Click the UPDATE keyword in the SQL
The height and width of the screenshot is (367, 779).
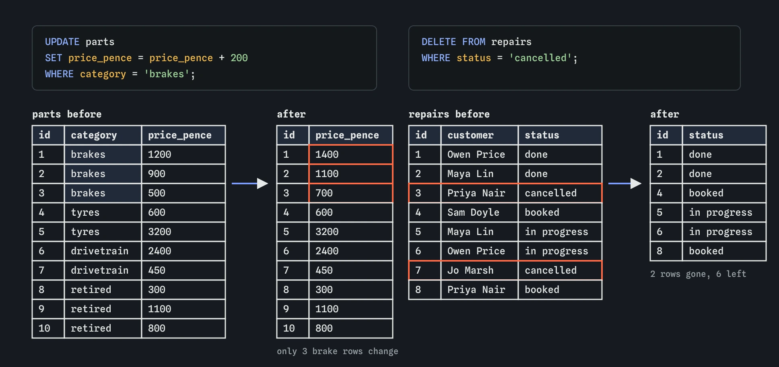tap(62, 42)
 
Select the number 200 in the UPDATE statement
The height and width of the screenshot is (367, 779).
tap(239, 58)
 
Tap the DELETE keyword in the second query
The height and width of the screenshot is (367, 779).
tap(439, 42)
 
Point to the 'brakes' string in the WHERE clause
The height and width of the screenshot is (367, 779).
tap(167, 74)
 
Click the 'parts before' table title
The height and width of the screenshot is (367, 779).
tap(67, 114)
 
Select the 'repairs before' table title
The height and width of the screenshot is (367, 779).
tap(449, 114)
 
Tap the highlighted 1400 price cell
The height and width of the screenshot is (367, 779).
tap(351, 155)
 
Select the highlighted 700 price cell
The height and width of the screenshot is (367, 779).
tap(351, 193)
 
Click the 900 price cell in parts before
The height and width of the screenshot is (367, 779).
tap(183, 174)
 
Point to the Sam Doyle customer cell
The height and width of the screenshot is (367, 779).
tap(480, 212)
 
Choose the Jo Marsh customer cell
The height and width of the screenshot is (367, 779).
tap(480, 270)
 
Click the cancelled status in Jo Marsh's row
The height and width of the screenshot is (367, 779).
tap(560, 270)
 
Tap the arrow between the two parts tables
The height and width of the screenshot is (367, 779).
tap(250, 183)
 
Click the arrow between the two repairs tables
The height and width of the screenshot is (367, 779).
tap(625, 183)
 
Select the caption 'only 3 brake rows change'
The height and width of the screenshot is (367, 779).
tap(337, 351)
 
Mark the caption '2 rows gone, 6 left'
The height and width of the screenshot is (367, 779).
tap(698, 274)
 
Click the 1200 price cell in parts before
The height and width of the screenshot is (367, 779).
tap(183, 155)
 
